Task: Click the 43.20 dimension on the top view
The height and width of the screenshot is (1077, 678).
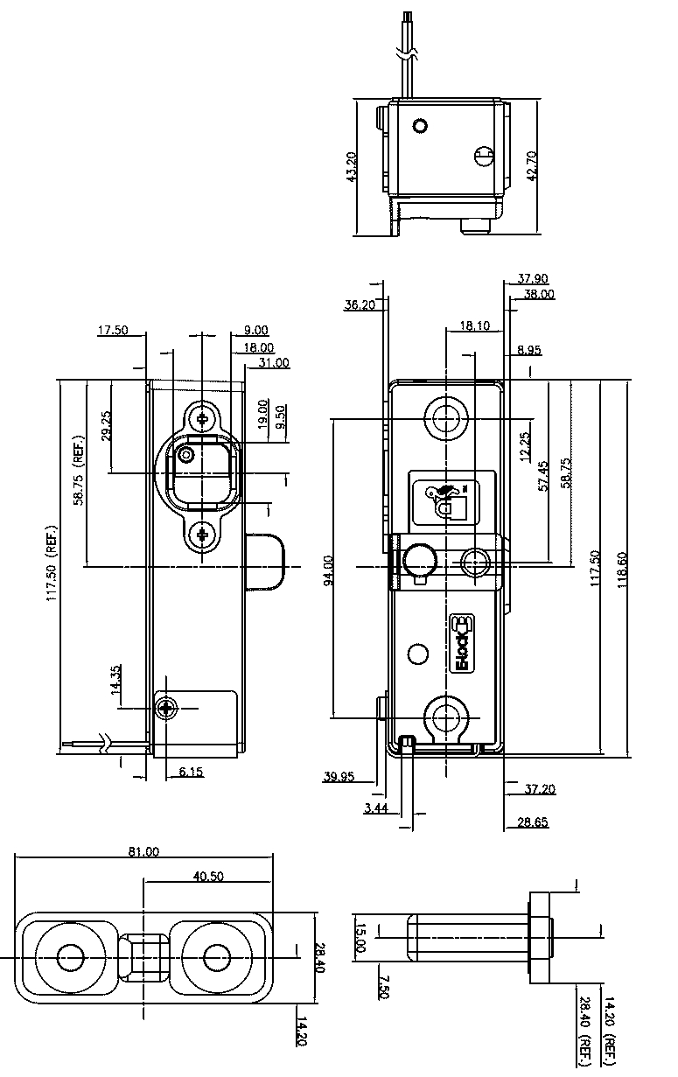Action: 352,167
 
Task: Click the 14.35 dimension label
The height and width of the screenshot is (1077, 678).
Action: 116,680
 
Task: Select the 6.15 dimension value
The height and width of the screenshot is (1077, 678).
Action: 191,771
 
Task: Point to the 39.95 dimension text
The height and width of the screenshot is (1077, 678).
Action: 339,776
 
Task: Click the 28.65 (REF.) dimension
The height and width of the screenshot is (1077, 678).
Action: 531,822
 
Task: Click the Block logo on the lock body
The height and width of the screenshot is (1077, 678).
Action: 463,643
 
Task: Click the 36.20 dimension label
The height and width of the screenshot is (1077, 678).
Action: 360,304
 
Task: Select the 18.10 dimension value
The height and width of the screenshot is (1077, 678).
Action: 473,325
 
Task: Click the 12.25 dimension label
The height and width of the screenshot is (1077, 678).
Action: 524,446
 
